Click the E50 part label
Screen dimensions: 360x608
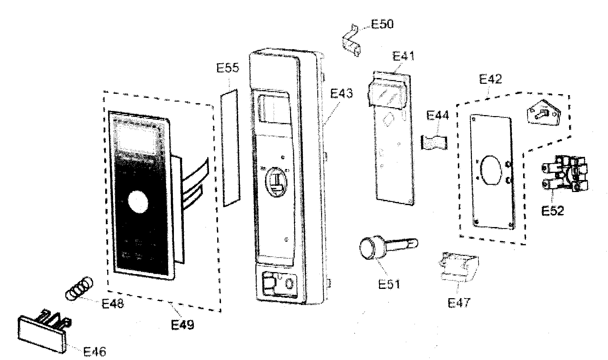[x=382, y=24]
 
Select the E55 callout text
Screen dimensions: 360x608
[x=227, y=68]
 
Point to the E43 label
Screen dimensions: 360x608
[x=341, y=93]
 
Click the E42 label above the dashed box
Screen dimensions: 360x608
[x=490, y=79]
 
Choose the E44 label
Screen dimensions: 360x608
[x=438, y=116]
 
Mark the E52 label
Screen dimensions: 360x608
[x=552, y=211]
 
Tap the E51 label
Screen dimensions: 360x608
[x=389, y=284]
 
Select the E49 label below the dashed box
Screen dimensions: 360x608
[x=183, y=324]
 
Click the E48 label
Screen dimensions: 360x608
[x=113, y=304]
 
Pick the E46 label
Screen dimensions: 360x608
[x=95, y=351]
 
